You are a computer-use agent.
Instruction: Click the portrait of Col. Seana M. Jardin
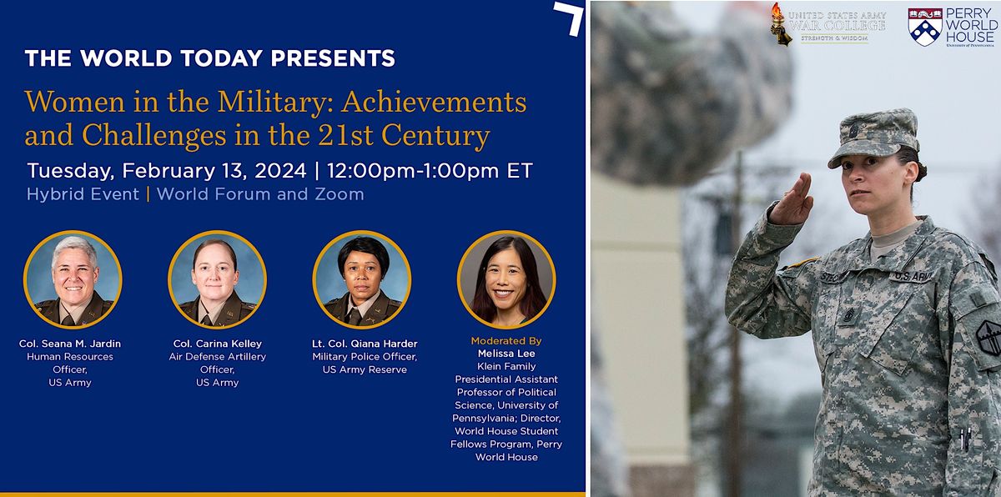click(73, 279)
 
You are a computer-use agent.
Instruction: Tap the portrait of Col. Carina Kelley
click(217, 279)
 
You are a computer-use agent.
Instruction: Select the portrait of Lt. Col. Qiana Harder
click(362, 279)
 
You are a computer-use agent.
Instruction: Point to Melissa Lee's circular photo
click(506, 279)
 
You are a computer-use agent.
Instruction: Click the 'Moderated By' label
click(506, 341)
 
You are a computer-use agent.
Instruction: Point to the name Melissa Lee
click(506, 354)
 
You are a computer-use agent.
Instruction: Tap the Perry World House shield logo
click(925, 26)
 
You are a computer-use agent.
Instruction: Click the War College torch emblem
click(780, 23)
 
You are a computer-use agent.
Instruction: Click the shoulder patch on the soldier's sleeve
click(988, 338)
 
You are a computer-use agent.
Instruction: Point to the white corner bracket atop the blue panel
click(568, 18)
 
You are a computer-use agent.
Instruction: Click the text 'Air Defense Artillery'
click(217, 356)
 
